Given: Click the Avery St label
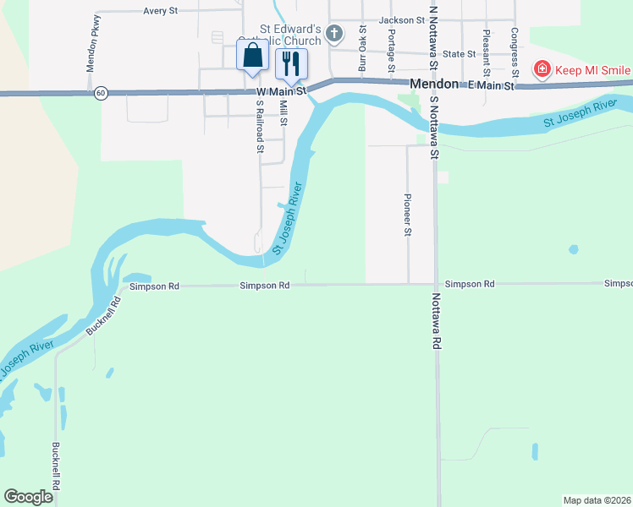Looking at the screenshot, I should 160,11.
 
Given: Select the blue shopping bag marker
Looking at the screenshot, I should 253,57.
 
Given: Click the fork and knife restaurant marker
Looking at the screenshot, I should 290,63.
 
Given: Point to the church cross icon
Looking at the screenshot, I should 334,35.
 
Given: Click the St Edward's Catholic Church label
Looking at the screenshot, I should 290,35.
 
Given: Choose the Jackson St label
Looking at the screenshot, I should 401,19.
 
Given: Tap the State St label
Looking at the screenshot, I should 459,53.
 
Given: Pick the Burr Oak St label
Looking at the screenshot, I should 362,47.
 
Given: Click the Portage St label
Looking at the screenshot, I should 391,50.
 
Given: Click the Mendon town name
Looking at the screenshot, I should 433,84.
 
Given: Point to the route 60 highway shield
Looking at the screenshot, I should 102,93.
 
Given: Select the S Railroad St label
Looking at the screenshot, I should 260,127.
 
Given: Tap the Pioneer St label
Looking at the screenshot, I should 407,215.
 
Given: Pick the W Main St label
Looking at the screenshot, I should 279,90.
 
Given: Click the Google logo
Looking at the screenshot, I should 28,497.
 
